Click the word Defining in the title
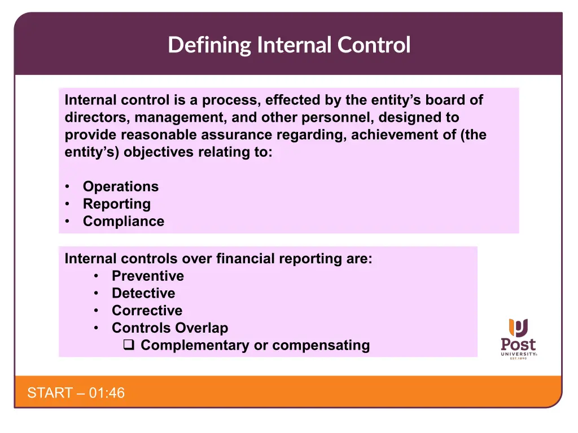[209, 45]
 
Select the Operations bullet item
[121, 187]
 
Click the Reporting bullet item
[117, 204]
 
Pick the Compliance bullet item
[124, 221]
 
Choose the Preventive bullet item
[148, 276]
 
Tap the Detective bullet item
[143, 293]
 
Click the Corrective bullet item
[147, 311]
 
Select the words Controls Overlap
[170, 328]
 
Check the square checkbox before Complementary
[129, 344]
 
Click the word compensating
[321, 346]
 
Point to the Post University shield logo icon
[518, 328]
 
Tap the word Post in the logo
[518, 344]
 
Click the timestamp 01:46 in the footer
[107, 393]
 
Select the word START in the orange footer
[50, 393]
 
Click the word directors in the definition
[98, 117]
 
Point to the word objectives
[159, 152]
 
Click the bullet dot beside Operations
[67, 186]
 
